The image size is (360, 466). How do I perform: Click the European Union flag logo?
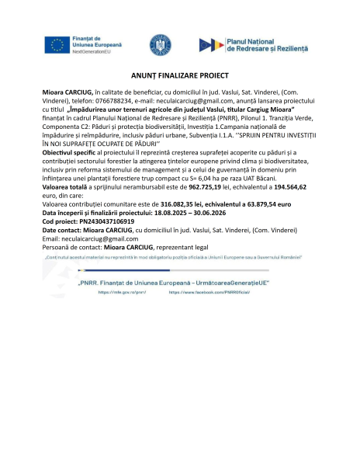click(57, 45)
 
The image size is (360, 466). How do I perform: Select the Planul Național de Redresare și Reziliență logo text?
click(266, 44)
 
